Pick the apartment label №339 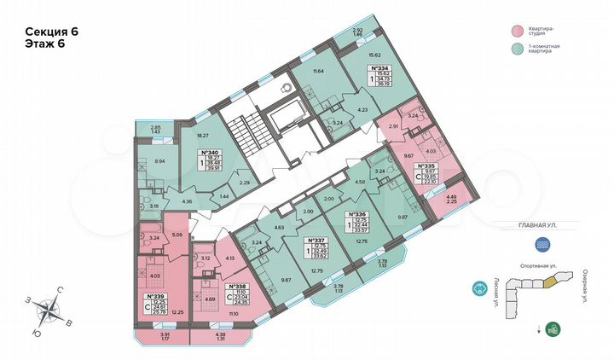click(x=156, y=296)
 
